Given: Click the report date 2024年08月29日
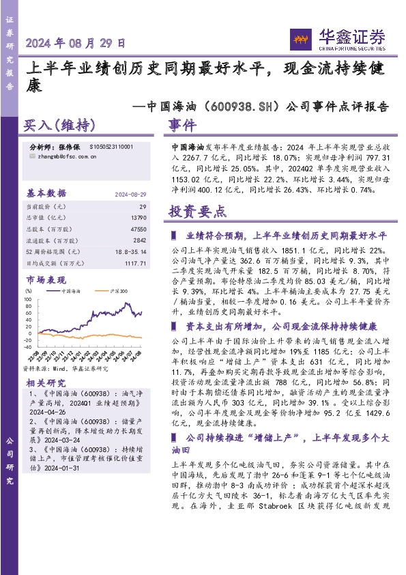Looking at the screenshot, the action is click(x=76, y=42).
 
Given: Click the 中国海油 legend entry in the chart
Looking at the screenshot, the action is click(x=70, y=291).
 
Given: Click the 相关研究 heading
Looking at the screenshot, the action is click(x=46, y=383).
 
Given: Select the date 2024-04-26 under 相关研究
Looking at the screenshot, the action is click(x=47, y=413).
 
